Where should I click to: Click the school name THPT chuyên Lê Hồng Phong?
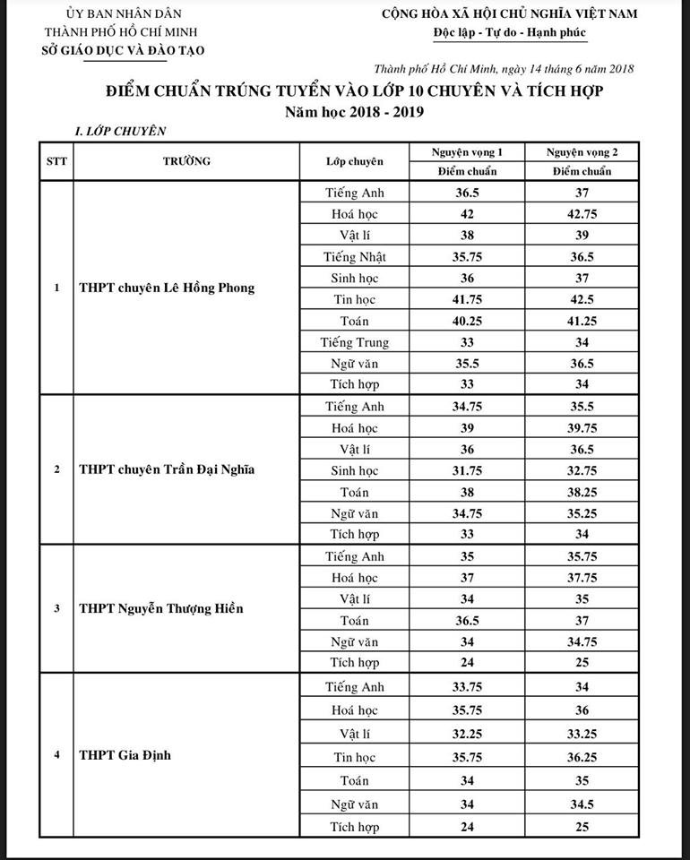click(167, 288)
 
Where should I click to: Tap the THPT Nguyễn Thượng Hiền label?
click(161, 609)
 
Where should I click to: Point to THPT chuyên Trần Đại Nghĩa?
click(167, 470)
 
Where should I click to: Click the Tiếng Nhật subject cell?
click(354, 257)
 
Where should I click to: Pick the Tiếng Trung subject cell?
click(354, 342)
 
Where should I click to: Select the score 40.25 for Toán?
click(466, 321)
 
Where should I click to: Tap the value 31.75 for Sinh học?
click(466, 470)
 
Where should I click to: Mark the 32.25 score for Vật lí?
click(466, 735)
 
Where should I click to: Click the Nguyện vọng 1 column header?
click(466, 152)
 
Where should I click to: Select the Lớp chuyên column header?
click(354, 161)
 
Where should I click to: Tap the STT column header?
click(56, 161)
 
